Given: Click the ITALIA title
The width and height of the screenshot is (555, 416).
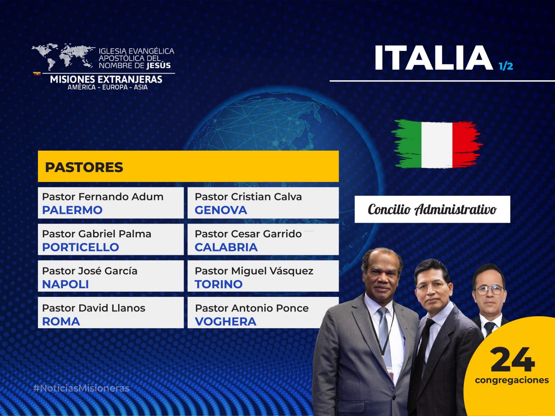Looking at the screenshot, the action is click(x=433, y=58).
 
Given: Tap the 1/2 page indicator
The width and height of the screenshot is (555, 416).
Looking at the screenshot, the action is click(x=506, y=66).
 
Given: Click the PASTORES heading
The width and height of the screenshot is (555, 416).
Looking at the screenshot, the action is click(x=84, y=167).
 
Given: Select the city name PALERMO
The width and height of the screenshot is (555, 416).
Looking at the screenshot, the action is click(x=72, y=210).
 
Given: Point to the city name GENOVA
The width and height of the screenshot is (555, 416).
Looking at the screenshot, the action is click(x=221, y=210).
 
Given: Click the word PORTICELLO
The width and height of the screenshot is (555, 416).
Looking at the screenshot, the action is click(x=81, y=247).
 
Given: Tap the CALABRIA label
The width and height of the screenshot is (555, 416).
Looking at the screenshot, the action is click(x=226, y=247).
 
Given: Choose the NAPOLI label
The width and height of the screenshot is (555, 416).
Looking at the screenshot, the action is click(x=65, y=285).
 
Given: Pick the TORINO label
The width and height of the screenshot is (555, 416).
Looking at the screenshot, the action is click(x=219, y=285).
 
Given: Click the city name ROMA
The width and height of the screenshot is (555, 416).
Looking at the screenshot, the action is click(x=61, y=321).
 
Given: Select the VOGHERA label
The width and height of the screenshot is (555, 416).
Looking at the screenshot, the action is click(x=225, y=321).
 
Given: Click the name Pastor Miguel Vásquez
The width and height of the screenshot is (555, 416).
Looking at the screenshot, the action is click(x=254, y=271).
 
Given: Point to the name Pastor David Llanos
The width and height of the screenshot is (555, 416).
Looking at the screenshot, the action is click(x=94, y=308).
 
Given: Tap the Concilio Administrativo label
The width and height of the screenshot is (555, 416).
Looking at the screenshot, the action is click(x=432, y=209).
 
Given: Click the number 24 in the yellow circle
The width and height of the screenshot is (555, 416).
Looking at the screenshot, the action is click(x=512, y=359).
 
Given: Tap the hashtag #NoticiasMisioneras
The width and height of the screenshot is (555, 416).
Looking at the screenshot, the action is click(x=81, y=388).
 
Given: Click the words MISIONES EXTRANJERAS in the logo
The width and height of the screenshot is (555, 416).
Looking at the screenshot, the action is click(x=106, y=79).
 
